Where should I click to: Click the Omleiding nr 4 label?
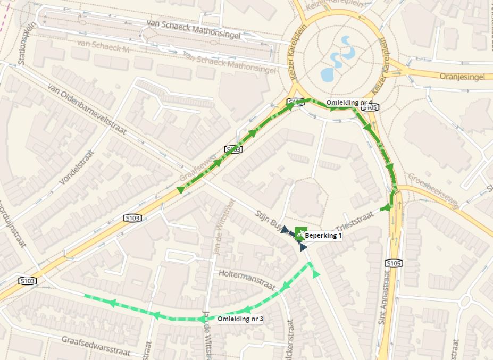pyautogui.click(x=349, y=103)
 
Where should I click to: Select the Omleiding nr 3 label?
pyautogui.click(x=240, y=319)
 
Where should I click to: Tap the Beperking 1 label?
pyautogui.click(x=323, y=235)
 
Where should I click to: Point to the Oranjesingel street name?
pyautogui.click(x=462, y=77)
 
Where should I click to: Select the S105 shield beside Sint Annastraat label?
pyautogui.click(x=392, y=263)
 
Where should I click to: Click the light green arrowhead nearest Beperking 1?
pyautogui.click(x=316, y=274)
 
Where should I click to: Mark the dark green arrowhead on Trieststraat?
pyautogui.click(x=386, y=207)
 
